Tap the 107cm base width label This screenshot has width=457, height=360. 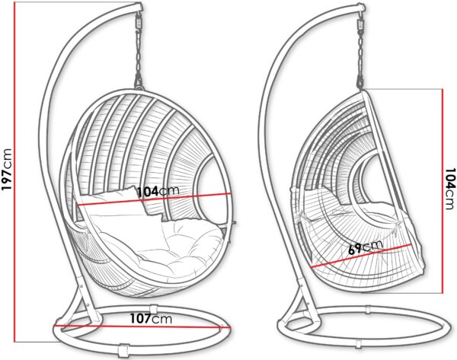(x=151, y=319)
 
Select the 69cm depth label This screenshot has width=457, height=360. (x=366, y=247)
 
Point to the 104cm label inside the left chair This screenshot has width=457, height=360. (x=158, y=192)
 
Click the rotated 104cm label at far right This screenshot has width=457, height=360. (x=449, y=189)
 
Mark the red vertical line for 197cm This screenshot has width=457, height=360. (x=14, y=172)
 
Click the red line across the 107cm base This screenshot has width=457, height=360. (x=142, y=327)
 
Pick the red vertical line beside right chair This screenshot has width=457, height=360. (x=443, y=191)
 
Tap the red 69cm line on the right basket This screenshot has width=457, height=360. (x=361, y=256)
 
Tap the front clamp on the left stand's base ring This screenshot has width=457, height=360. (x=123, y=351)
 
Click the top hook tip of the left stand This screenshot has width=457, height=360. (x=139, y=6)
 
